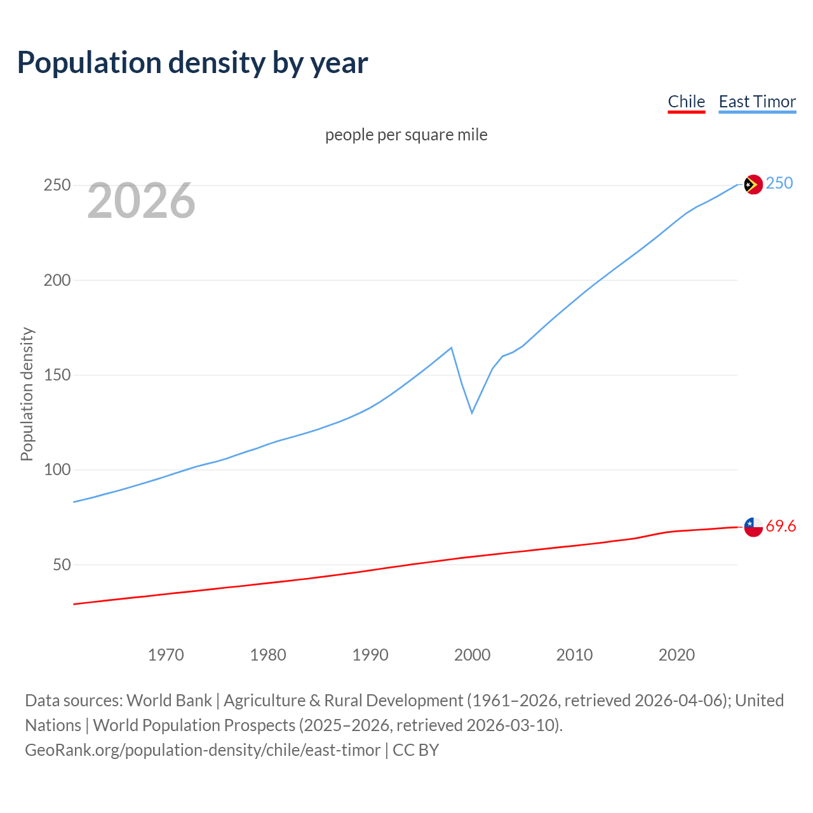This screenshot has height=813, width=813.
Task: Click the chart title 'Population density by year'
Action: coord(192,63)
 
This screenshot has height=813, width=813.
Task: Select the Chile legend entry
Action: coord(686,102)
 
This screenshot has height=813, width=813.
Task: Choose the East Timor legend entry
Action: coord(757,102)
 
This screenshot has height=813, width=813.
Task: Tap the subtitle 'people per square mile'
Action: coord(406,135)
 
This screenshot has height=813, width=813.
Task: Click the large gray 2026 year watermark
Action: coord(141,201)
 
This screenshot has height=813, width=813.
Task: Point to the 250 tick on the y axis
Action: coord(57,185)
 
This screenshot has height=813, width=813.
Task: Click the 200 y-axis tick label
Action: coord(57,280)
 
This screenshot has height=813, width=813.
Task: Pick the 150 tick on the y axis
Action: coord(57,375)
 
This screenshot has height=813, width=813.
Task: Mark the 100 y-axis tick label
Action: coord(57,470)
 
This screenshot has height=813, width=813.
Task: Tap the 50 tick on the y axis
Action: coord(61,565)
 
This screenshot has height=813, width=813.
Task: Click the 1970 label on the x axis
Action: coord(166,655)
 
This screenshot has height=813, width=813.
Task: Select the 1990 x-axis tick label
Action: coord(370,655)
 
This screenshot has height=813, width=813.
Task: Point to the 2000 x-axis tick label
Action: coord(472,655)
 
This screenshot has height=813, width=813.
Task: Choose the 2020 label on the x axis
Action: coord(676,655)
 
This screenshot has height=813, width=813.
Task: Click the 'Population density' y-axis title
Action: coord(27,394)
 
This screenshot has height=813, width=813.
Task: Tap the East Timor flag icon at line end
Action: coord(753,184)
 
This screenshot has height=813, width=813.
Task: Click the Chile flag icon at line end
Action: coord(753,527)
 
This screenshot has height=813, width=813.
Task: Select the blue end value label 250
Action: coord(779,184)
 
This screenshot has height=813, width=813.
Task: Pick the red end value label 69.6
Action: coord(781,526)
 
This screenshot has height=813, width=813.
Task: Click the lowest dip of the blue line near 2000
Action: coord(472,413)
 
